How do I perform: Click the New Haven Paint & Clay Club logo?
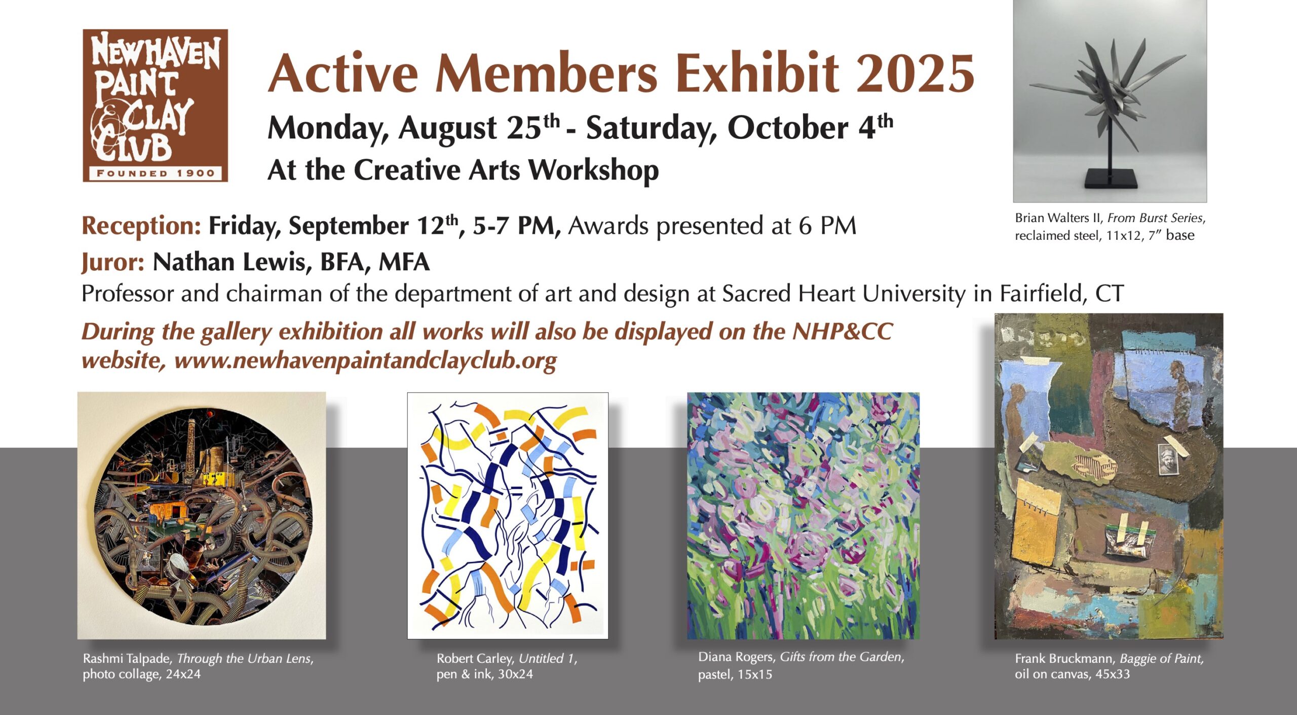coord(155,105)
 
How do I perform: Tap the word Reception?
coord(141,226)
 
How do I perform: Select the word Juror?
coord(113,263)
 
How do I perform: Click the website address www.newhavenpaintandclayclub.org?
coord(365,361)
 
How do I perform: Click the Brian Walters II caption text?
coord(1110,227)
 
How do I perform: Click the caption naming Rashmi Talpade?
coord(198,666)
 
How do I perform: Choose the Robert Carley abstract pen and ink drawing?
coord(508,515)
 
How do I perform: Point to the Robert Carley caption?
coord(507,666)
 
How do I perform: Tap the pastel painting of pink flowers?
coord(803,515)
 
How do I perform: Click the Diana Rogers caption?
coord(801,665)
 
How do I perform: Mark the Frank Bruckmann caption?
coord(1109,666)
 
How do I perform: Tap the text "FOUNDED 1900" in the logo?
coord(156,173)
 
